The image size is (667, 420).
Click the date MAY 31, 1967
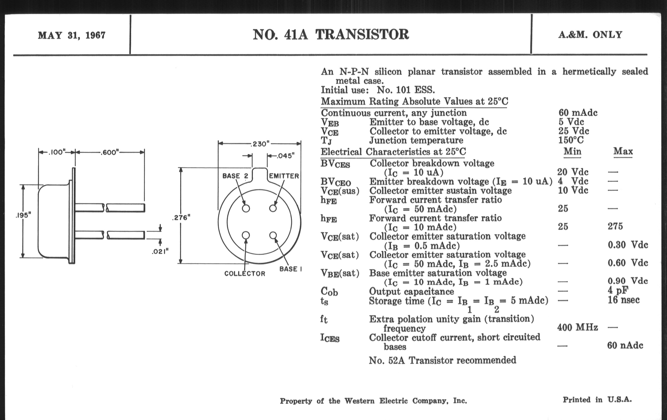point(72,35)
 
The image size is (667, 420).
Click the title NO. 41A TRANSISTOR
point(331,35)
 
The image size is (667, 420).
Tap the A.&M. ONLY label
point(590,35)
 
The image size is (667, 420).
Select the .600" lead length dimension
point(110,152)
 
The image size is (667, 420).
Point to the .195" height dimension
point(23,215)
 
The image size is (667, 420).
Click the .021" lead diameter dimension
point(160,251)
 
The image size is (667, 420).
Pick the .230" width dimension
point(259,144)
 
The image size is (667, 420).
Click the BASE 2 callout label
point(235,176)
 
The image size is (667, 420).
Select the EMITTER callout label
point(284,176)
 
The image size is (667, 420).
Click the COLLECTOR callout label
point(245,274)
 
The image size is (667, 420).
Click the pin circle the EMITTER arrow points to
point(273,208)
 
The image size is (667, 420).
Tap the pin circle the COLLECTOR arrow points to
point(246,235)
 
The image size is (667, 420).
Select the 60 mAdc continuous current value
point(578,113)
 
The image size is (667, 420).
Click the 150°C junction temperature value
point(571,140)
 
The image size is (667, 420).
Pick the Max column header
point(623,151)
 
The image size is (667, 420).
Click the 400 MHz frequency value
point(578,328)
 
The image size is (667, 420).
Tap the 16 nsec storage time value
point(623,300)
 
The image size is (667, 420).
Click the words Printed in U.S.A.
point(597,400)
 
